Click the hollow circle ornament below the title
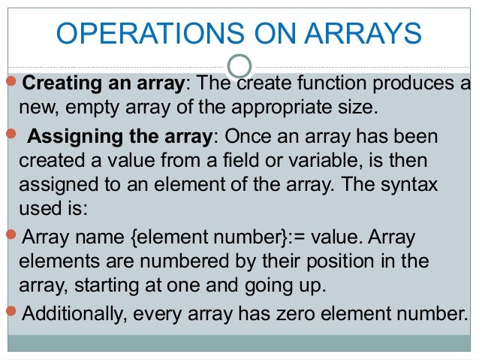point(239,67)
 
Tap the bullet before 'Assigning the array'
point(11,136)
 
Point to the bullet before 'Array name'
point(11,237)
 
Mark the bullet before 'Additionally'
point(11,311)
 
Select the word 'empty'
point(86,107)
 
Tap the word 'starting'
point(106,287)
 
